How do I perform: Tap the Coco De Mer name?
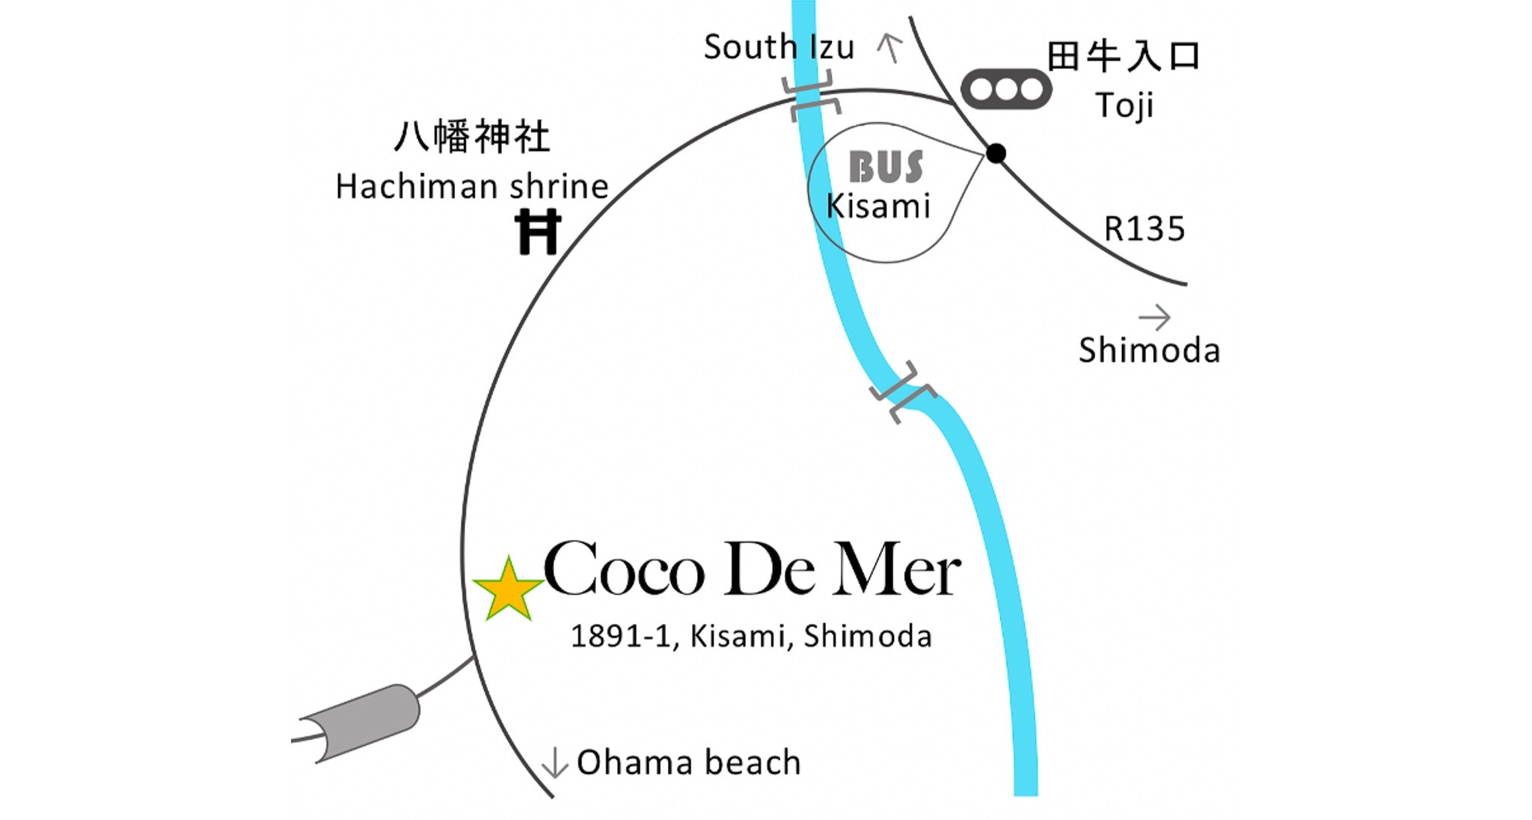[751, 570]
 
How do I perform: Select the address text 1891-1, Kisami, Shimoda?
[751, 637]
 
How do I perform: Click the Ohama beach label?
[688, 763]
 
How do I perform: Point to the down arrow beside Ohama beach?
[554, 762]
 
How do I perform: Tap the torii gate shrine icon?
[538, 233]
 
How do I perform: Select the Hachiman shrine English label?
[472, 187]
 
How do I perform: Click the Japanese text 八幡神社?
[472, 138]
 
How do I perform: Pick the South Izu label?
[779, 48]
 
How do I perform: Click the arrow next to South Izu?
[889, 48]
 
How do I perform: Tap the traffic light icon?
[1006, 90]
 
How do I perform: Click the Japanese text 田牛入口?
[1124, 57]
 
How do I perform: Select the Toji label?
[1124, 105]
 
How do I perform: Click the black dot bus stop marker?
[996, 153]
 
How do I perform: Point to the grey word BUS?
[886, 168]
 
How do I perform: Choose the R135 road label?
[1145, 229]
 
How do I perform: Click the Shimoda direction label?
[1149, 351]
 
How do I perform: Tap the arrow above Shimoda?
[1154, 318]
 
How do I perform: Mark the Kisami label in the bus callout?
[878, 206]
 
